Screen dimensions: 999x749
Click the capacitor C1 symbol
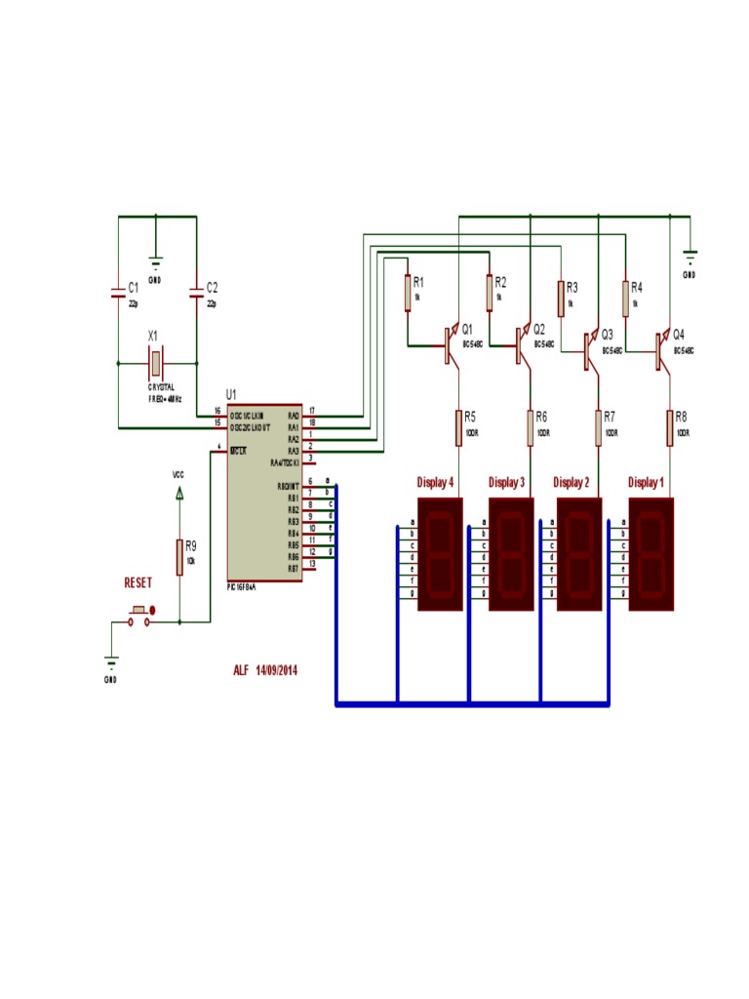tap(118, 290)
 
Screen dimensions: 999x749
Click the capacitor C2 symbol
tap(196, 290)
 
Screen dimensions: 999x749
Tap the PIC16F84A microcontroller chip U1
tap(263, 493)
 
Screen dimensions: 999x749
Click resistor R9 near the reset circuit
tap(179, 556)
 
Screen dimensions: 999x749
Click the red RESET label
tap(138, 582)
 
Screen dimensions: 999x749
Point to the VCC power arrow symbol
tap(178, 493)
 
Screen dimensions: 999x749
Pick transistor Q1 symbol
tap(450, 345)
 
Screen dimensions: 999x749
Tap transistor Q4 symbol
tap(662, 350)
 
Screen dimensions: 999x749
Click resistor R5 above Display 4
tap(457, 426)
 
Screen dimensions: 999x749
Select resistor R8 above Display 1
tap(670, 426)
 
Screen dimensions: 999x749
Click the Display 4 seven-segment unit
tap(440, 554)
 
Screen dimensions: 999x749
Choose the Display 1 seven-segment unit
tap(651, 554)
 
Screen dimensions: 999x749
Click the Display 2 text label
tap(571, 483)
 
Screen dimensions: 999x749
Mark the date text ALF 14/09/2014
tap(264, 670)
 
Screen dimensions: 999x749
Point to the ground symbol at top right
tap(690, 259)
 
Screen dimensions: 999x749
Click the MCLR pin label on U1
tap(238, 450)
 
